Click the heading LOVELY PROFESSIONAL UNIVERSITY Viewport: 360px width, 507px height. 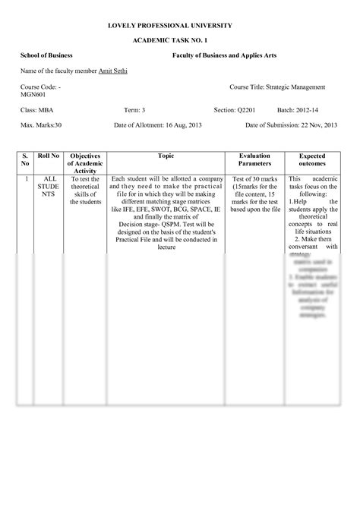click(180, 25)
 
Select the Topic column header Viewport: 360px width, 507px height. click(166, 156)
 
